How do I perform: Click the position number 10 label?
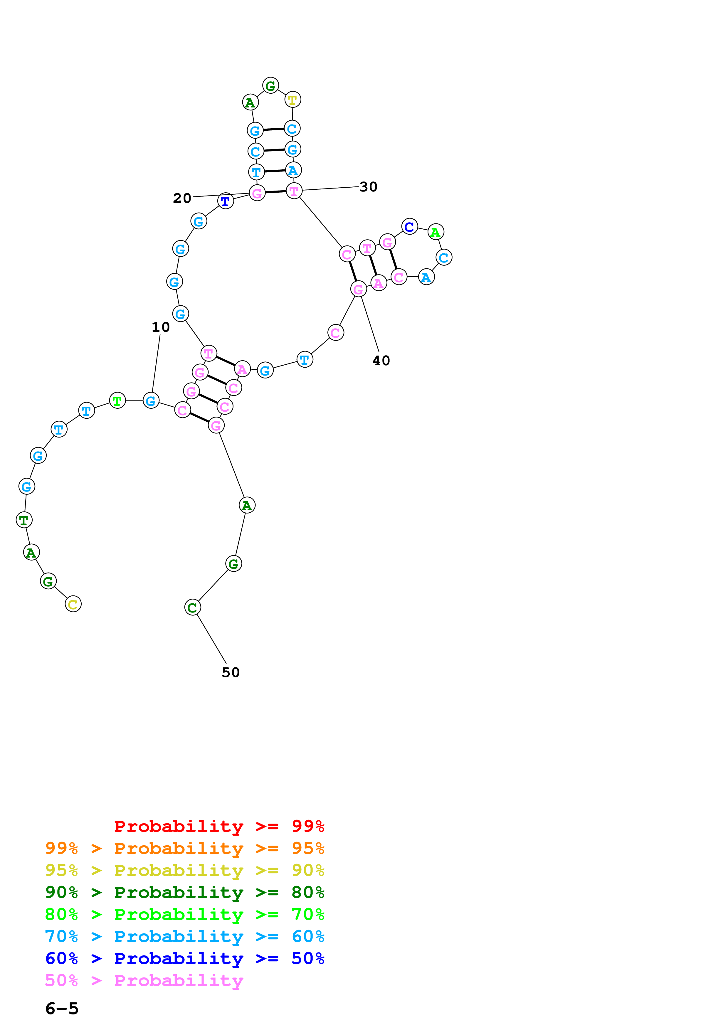pyautogui.click(x=161, y=327)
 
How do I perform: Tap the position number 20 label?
pyautogui.click(x=182, y=198)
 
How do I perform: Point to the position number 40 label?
pyautogui.click(x=381, y=360)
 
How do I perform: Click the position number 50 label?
pyautogui.click(x=231, y=672)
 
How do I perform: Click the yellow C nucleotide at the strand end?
pyautogui.click(x=73, y=604)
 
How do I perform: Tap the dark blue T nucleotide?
pyautogui.click(x=225, y=201)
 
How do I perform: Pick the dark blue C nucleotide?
pyautogui.click(x=410, y=227)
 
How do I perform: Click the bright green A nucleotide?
pyautogui.click(x=436, y=232)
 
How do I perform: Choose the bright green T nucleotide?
pyautogui.click(x=117, y=400)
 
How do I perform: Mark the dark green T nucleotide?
pyautogui.click(x=24, y=520)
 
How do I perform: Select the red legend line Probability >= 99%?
pyautogui.click(x=219, y=826)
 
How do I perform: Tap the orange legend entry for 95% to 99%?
pyautogui.click(x=185, y=848)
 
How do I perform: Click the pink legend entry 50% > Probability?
pyautogui.click(x=144, y=981)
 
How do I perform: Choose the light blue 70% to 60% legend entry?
pyautogui.click(x=185, y=937)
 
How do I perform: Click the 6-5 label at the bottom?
pyautogui.click(x=62, y=1009)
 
